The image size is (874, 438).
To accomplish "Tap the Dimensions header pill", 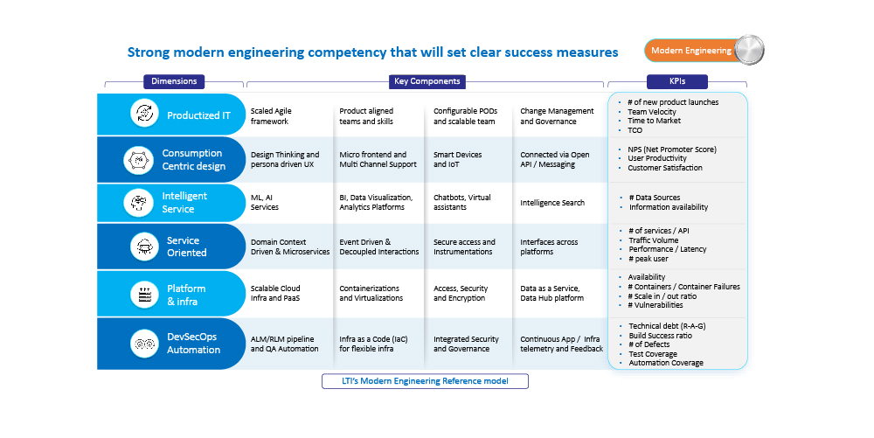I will [174, 81].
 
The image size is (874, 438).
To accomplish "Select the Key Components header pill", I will [426, 81].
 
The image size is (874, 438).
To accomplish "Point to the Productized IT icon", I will [142, 114].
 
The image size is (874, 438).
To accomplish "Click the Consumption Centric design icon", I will [137, 160].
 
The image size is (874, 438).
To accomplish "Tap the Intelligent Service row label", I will [184, 203].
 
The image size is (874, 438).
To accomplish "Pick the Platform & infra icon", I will [142, 295].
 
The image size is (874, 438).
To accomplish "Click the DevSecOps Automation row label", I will [193, 343].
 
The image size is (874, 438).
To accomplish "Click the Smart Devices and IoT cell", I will [457, 160].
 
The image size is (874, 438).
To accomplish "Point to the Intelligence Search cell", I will [552, 203].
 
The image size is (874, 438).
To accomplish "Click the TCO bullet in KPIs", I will [636, 129].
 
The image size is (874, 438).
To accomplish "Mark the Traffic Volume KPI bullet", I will [653, 240].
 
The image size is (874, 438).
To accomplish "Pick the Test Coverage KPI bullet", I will [653, 354].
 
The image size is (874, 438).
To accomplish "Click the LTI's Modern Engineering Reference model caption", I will [426, 381].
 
